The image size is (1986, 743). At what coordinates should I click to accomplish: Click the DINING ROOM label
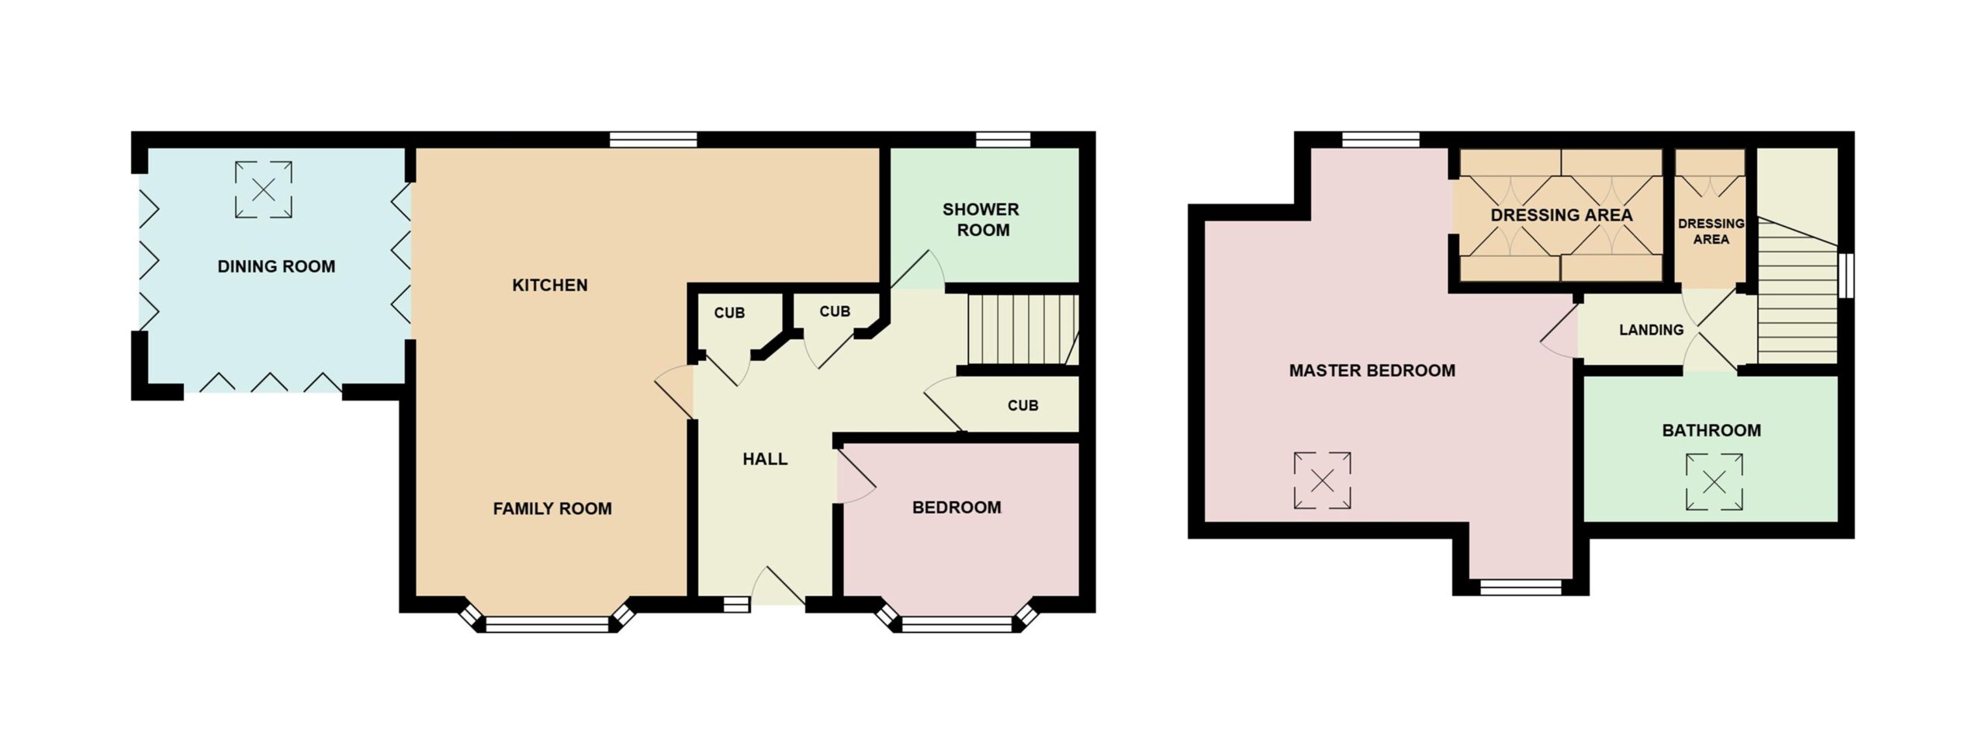tap(276, 266)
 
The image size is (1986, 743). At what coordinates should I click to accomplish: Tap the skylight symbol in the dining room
tap(264, 189)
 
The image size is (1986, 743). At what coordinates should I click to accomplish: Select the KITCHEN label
tap(550, 285)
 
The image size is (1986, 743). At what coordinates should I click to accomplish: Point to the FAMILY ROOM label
tap(552, 509)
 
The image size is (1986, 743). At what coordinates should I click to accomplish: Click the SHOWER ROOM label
tap(981, 220)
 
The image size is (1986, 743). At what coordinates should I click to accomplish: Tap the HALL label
tap(765, 459)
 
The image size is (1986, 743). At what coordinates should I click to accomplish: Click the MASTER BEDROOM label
tap(1372, 370)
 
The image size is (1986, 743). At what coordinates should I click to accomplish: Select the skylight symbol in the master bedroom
tap(1323, 481)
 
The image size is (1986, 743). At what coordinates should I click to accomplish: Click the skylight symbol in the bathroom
tap(1714, 482)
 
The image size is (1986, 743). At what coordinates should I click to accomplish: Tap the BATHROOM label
tap(1711, 430)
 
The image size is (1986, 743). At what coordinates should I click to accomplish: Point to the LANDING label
tap(1651, 330)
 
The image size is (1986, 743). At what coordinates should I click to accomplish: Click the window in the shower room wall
tap(1002, 140)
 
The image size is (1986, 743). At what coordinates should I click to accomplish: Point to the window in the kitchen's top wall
tap(653, 140)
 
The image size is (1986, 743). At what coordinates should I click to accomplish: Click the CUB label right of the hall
tap(1022, 405)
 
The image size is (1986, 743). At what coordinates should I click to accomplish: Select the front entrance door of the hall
tap(778, 586)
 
